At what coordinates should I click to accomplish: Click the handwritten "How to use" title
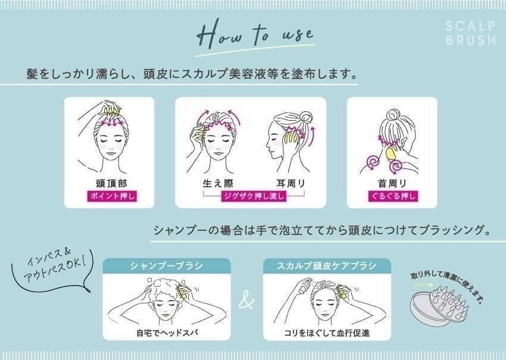[255, 34]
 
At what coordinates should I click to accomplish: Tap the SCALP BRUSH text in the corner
[470, 33]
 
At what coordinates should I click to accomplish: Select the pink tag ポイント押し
[112, 196]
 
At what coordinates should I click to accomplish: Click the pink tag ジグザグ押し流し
[254, 196]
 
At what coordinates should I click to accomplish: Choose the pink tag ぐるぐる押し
[393, 196]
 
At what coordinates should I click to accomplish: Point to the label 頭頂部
[112, 183]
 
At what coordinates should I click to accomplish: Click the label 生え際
[218, 183]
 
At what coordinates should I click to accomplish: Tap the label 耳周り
[291, 183]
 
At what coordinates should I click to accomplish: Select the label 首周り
[392, 183]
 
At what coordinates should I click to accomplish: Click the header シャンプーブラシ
[167, 266]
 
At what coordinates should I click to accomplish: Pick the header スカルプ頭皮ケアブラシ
[327, 266]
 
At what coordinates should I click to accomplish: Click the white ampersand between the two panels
[247, 300]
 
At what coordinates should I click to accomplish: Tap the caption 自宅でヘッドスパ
[167, 333]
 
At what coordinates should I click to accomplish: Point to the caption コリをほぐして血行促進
[327, 333]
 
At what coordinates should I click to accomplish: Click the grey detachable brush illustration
[439, 304]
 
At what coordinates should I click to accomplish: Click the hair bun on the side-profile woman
[305, 117]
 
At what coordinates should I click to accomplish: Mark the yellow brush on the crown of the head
[111, 111]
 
